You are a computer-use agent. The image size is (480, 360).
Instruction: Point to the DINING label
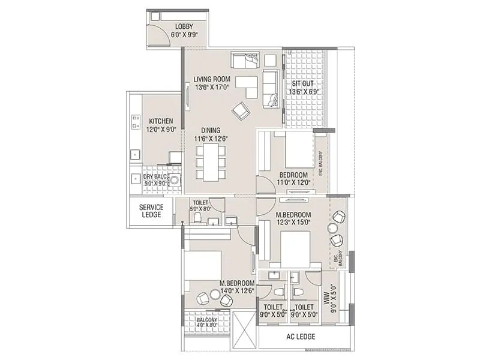point(211,130)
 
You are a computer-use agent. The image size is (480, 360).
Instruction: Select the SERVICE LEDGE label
point(151,211)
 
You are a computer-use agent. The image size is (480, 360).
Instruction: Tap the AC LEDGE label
point(301,337)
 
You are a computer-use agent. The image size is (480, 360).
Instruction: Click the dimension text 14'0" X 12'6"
point(237,290)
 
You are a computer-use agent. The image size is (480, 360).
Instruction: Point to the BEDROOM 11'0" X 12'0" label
point(293,179)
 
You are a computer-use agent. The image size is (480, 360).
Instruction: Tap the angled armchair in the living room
point(241,110)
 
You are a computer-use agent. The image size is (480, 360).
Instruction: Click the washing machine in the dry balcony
point(175,181)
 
